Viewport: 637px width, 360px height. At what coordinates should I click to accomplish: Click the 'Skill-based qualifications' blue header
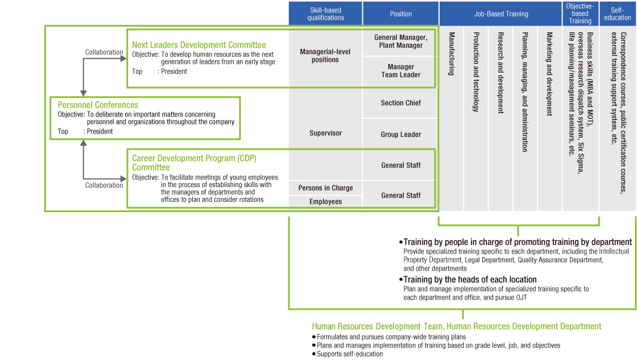click(x=325, y=14)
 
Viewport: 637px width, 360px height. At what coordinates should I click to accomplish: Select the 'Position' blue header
click(x=400, y=14)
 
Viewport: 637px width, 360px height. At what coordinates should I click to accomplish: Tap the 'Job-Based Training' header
click(x=500, y=14)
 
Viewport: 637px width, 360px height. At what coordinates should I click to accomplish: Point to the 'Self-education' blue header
click(x=618, y=14)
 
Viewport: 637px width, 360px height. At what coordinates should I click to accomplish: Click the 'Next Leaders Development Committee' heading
click(x=198, y=45)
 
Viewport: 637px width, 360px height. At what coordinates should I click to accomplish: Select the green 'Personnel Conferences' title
click(x=98, y=105)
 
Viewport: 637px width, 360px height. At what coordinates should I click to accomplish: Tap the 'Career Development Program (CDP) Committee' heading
click(x=194, y=163)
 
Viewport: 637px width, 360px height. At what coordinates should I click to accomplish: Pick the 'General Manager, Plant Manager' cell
click(x=400, y=42)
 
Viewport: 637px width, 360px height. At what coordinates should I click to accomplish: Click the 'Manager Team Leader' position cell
click(x=400, y=71)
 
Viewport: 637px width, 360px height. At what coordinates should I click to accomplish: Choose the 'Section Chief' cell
click(x=400, y=103)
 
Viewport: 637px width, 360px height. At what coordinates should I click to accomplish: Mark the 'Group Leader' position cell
click(x=400, y=135)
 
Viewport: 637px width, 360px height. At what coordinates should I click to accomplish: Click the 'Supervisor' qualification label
click(x=325, y=133)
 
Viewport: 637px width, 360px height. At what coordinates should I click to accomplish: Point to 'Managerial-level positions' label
click(x=325, y=56)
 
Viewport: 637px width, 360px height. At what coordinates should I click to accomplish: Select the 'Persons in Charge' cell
click(x=325, y=188)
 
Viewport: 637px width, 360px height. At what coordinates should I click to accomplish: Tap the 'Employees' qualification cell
click(x=325, y=202)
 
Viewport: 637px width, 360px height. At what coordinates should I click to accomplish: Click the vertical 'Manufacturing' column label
click(x=452, y=53)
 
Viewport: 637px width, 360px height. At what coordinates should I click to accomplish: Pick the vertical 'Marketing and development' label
click(x=549, y=73)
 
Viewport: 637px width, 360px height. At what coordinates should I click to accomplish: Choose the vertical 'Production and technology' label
click(x=476, y=72)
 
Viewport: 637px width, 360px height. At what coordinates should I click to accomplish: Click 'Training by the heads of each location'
click(x=470, y=279)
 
